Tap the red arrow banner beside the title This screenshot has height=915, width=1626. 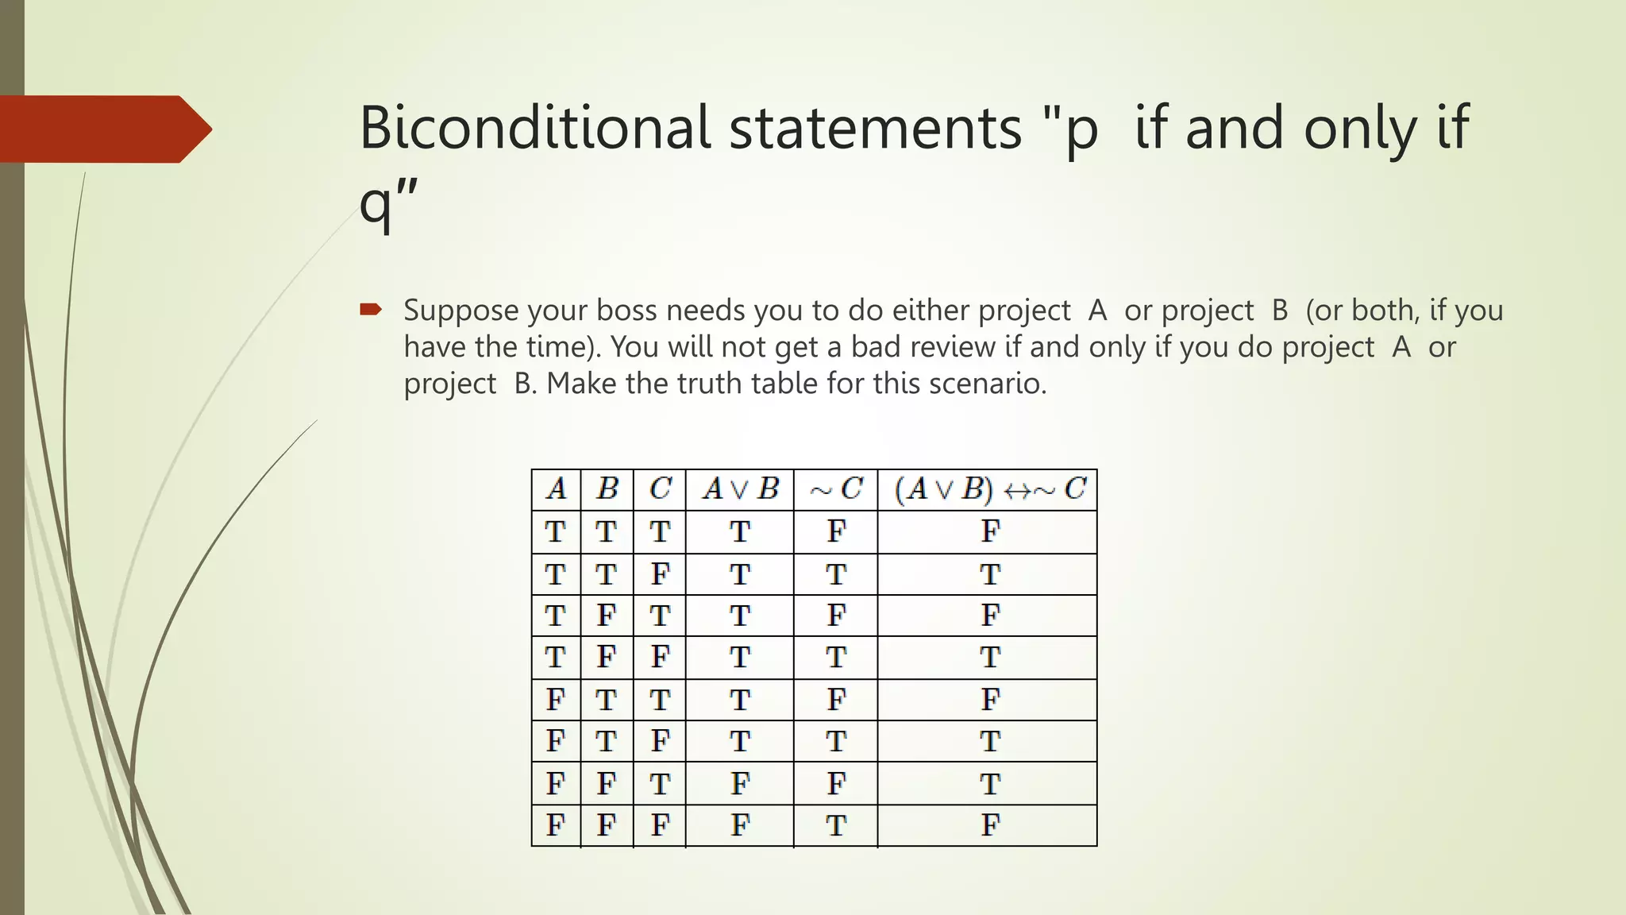[x=103, y=129]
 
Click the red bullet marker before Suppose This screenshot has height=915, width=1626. [x=371, y=309]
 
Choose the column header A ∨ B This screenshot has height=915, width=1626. [x=740, y=489]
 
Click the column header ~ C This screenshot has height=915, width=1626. [x=835, y=489]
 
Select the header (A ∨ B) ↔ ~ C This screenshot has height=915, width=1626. [x=988, y=489]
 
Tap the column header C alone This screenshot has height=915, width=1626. [x=660, y=489]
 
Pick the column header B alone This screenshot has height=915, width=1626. [x=607, y=489]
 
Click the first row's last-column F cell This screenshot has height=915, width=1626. [x=989, y=531]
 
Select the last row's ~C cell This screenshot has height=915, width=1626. [x=835, y=825]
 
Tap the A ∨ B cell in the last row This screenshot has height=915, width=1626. [x=740, y=825]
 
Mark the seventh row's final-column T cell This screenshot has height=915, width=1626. [x=989, y=784]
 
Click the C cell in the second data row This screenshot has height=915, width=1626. [x=660, y=573]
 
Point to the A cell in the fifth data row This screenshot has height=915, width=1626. [x=556, y=700]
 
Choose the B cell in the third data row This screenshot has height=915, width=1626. [x=607, y=616]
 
